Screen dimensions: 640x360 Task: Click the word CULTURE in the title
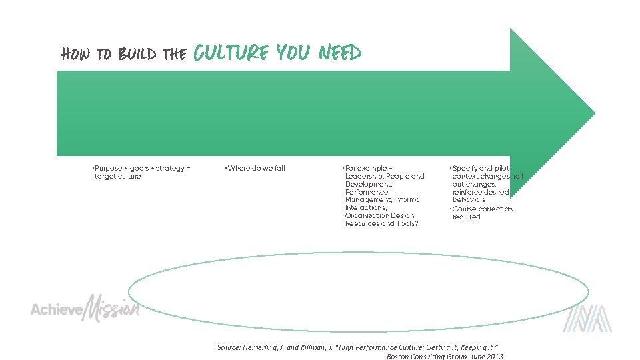[x=230, y=53]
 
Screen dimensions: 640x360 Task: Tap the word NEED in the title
[x=339, y=53]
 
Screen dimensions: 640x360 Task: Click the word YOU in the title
[x=292, y=53]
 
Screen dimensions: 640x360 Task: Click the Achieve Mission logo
[x=85, y=309]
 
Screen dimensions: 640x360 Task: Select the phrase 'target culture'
[x=118, y=176]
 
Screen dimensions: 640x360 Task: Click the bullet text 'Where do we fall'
[x=256, y=168]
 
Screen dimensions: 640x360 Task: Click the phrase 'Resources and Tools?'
[x=381, y=223]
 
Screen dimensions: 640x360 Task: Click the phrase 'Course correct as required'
[x=481, y=213]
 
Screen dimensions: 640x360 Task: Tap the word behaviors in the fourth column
[x=469, y=199]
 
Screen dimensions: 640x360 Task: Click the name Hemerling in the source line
[x=263, y=347]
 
